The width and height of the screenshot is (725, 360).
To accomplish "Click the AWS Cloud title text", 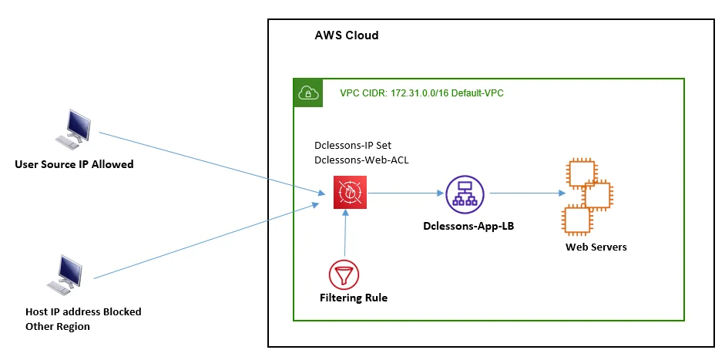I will click(347, 36).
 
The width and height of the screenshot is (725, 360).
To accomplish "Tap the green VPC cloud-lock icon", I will click(307, 93).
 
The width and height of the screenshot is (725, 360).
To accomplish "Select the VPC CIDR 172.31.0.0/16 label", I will click(422, 93).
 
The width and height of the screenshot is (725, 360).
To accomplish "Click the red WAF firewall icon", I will click(350, 193).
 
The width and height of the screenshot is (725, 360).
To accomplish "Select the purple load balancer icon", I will click(465, 193).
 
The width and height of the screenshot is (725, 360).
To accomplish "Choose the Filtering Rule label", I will click(354, 297).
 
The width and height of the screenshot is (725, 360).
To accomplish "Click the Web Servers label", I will click(596, 247).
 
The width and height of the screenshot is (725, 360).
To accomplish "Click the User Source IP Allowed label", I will click(74, 164).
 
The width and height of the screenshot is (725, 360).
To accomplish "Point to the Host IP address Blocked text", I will click(83, 312).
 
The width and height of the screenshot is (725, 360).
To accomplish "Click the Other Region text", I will click(58, 326).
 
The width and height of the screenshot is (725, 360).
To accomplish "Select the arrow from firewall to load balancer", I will click(405, 193).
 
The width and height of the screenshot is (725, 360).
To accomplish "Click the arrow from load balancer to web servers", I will click(524, 193).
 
